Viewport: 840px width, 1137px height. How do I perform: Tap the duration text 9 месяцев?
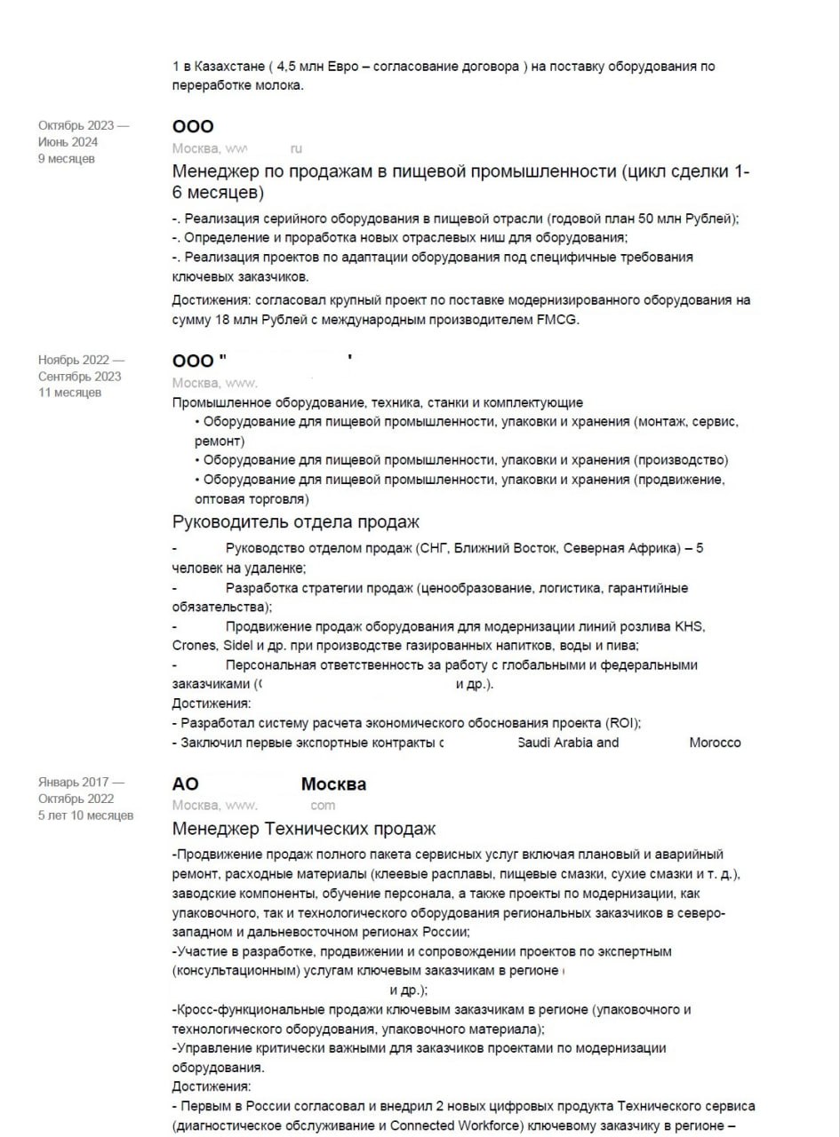coord(66,159)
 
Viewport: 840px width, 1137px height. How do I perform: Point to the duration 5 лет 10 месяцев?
coord(85,815)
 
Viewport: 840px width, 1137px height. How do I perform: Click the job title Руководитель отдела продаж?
coord(295,521)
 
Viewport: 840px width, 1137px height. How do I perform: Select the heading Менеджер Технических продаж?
coord(304,829)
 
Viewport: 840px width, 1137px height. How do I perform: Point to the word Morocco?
coord(715,743)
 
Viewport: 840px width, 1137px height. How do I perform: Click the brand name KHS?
coord(691,626)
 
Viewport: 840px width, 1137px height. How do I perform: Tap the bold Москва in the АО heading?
coord(333,784)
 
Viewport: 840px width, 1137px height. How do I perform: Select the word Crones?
coord(192,646)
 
